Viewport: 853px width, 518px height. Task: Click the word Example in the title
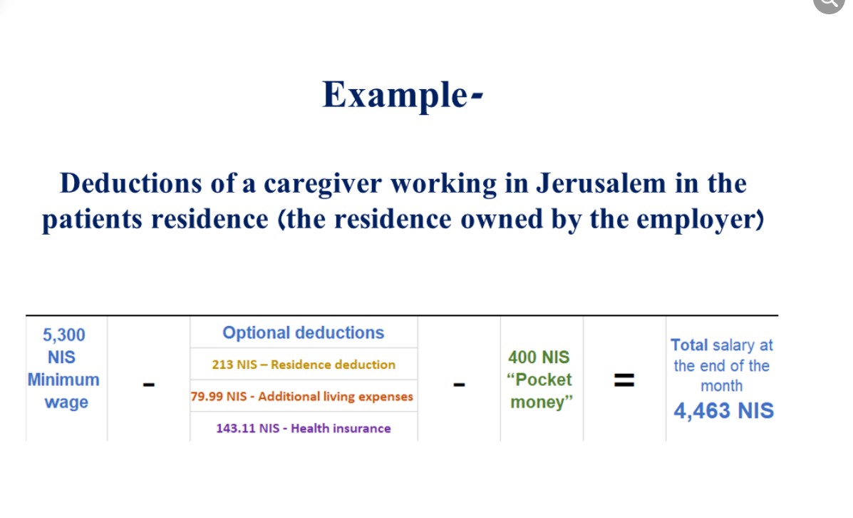[394, 96]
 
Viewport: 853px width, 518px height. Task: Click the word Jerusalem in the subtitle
[601, 183]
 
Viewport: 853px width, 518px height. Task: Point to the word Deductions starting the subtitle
[130, 183]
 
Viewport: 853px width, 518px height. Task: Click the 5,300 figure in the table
[64, 335]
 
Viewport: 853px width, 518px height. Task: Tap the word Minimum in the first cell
[63, 380]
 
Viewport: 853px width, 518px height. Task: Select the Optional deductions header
[304, 332]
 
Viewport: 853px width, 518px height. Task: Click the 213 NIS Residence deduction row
[304, 365]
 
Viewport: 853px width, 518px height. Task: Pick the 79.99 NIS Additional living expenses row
[302, 397]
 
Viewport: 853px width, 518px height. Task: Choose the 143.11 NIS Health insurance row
[304, 429]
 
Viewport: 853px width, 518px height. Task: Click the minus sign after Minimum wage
[148, 385]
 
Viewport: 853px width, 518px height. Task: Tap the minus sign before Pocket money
[459, 385]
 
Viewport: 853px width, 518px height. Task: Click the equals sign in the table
[624, 380]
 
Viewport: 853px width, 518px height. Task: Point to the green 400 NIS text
[539, 357]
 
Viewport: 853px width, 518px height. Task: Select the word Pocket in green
[544, 380]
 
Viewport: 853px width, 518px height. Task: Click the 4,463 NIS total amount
[723, 411]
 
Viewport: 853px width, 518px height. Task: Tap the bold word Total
[689, 345]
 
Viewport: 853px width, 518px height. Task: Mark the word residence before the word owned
[392, 220]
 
